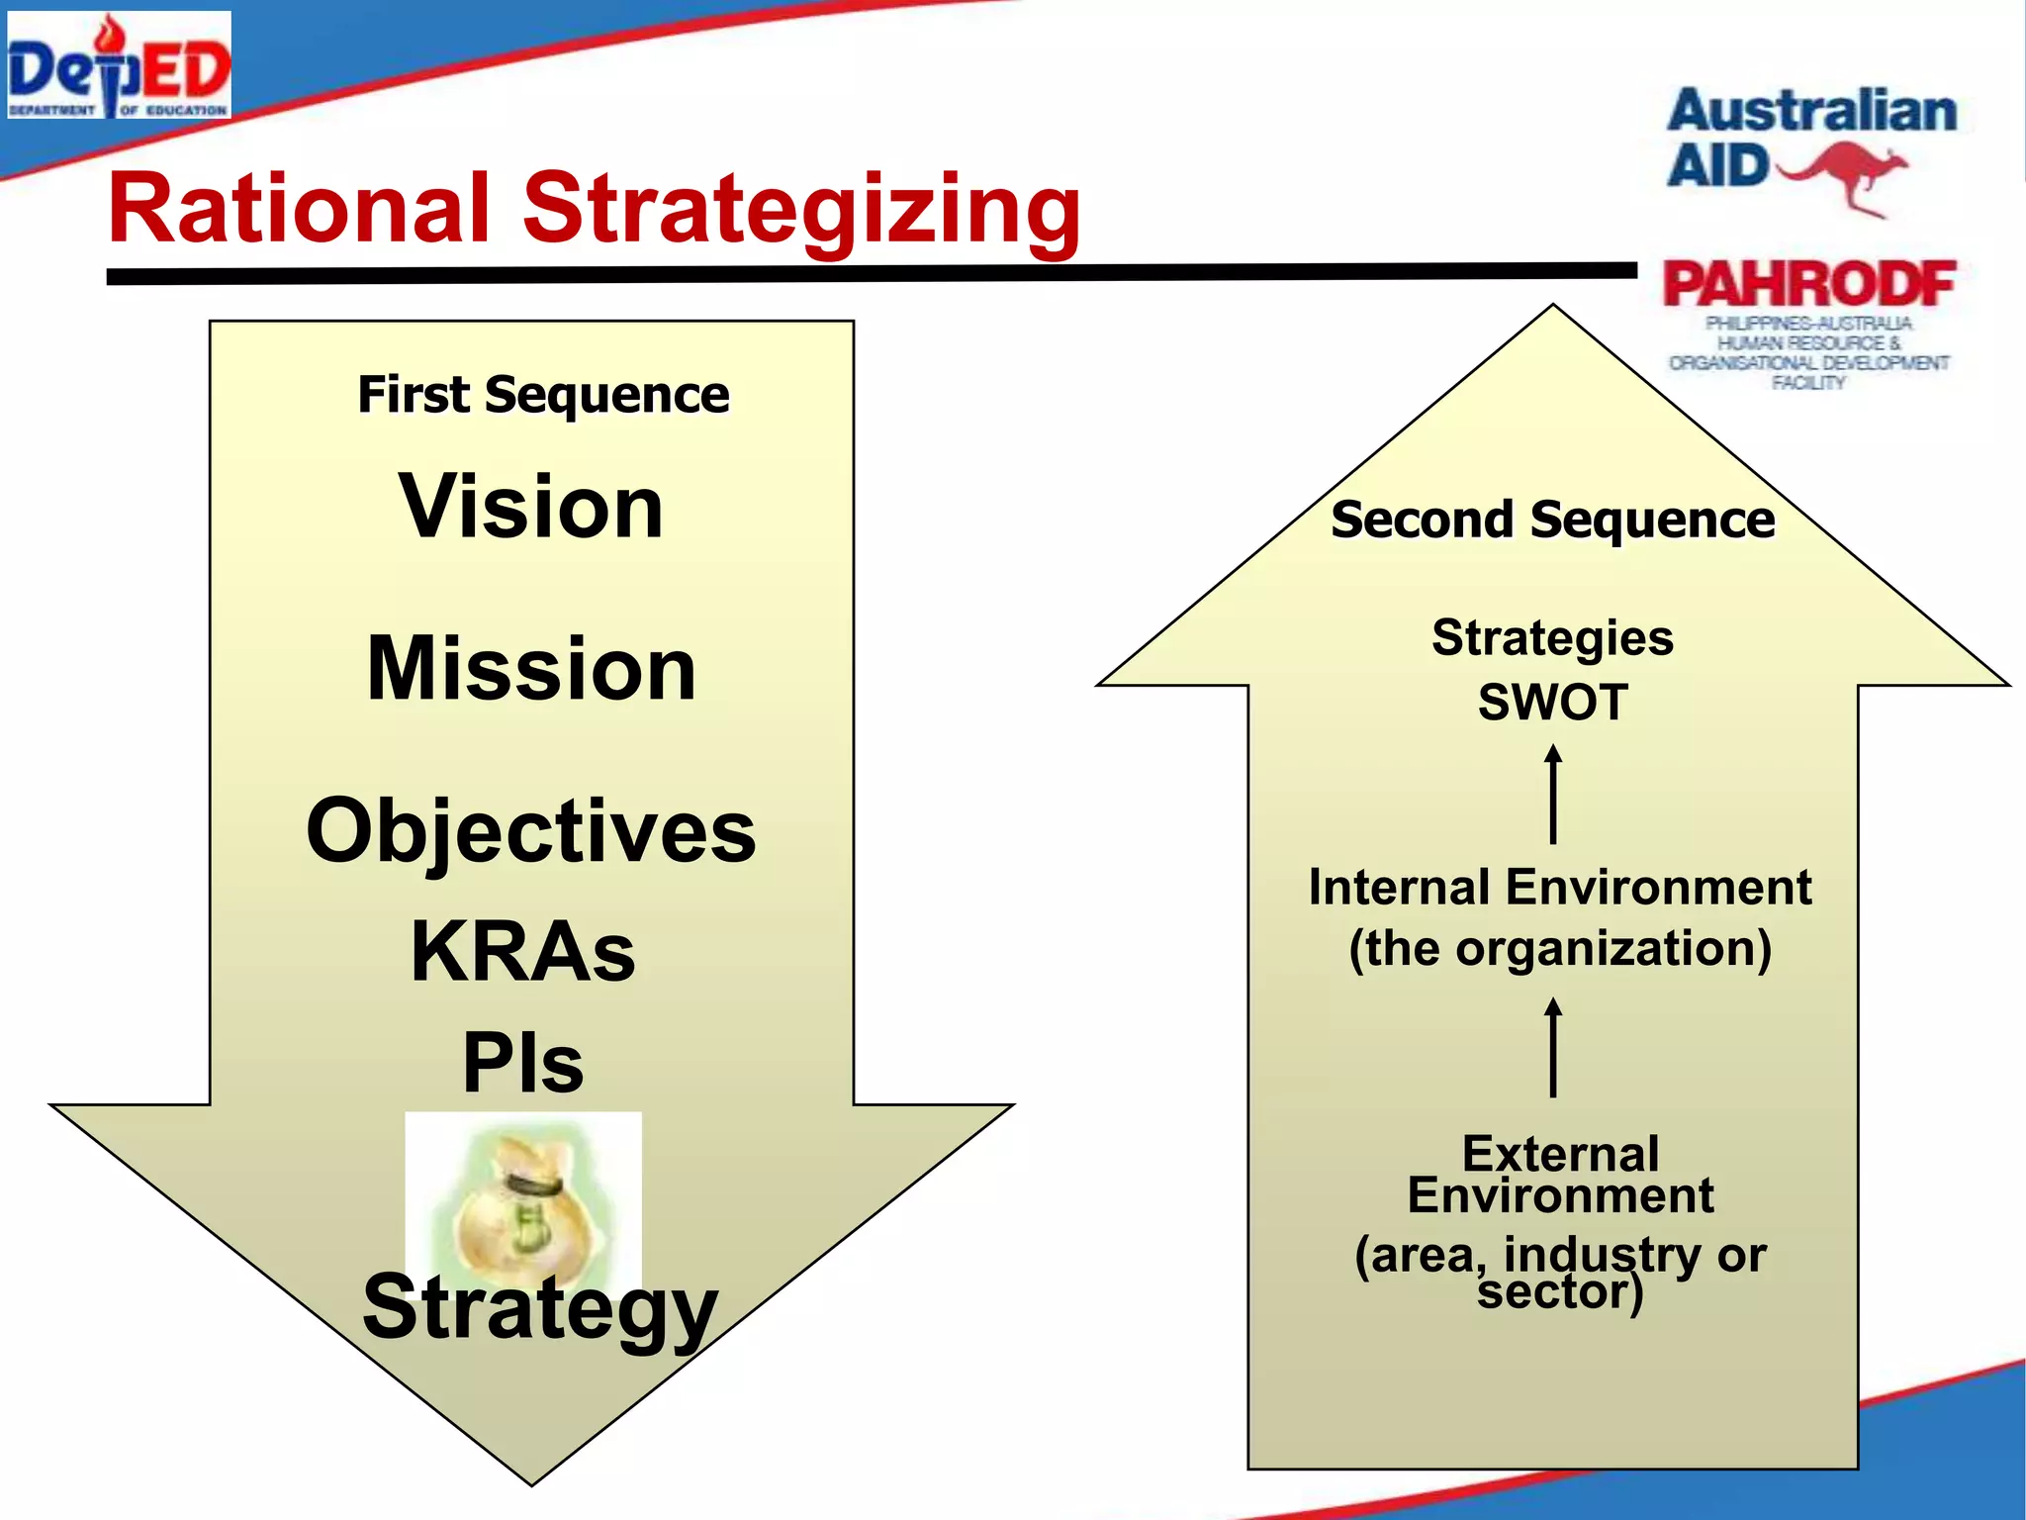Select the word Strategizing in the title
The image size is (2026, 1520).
801,209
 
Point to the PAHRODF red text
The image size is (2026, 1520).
1808,285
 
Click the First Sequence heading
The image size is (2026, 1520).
543,395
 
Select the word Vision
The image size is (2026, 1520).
531,507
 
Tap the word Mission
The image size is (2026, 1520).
531,670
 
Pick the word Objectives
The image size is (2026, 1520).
531,831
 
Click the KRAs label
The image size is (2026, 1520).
523,952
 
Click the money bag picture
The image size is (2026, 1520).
522,1197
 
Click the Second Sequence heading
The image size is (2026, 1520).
1552,520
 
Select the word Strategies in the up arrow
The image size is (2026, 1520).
1552,638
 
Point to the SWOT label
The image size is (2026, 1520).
1552,703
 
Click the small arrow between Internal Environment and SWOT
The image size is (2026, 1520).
1553,795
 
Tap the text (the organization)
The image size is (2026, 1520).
1560,948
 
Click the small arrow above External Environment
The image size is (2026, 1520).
1553,1047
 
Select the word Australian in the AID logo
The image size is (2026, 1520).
1812,111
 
